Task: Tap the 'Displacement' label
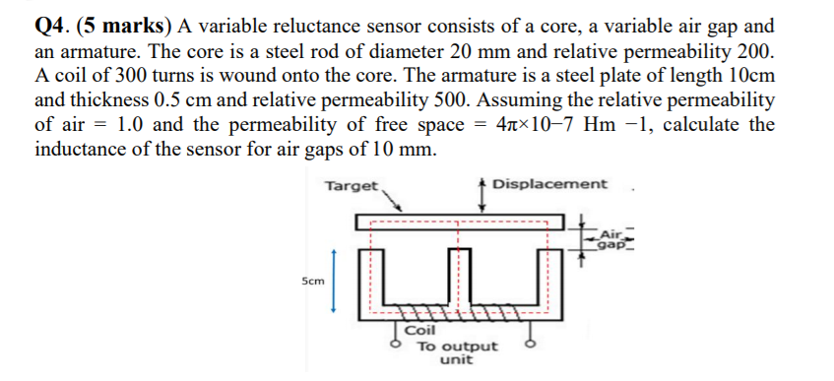tap(550, 184)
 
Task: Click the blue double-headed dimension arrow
tap(334, 280)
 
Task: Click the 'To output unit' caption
tap(457, 352)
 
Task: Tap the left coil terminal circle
tap(398, 346)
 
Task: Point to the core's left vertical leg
tap(374, 281)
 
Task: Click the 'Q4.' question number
tap(52, 25)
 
